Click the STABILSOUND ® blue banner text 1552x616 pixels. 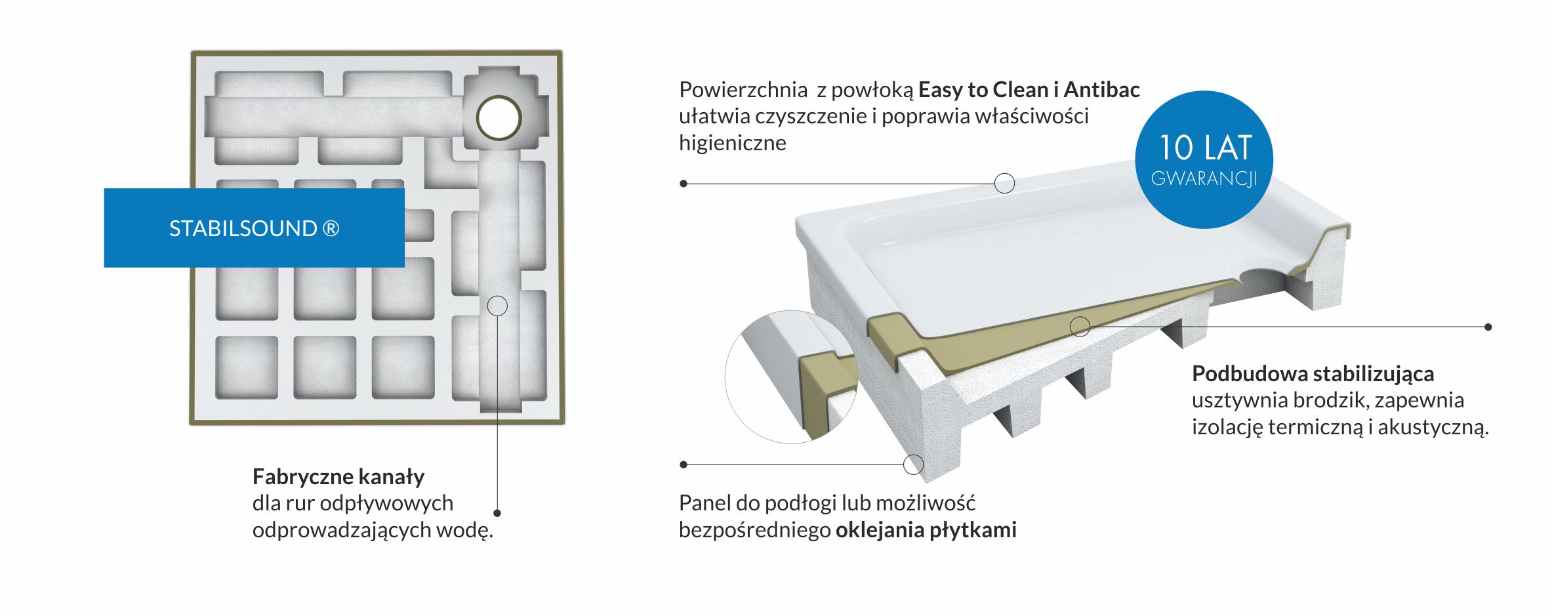[255, 228]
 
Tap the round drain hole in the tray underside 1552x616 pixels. [499, 118]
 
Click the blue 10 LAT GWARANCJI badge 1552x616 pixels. [1204, 159]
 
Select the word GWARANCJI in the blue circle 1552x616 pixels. [1204, 178]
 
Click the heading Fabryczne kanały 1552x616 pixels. [338, 477]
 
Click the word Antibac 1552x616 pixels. [1102, 89]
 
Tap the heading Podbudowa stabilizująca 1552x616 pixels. [1313, 374]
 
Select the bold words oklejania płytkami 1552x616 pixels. [926, 529]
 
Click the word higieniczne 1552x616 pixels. [733, 143]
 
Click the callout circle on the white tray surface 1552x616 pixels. [1005, 183]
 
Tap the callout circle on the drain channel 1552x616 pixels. [497, 306]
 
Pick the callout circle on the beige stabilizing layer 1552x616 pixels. [1080, 326]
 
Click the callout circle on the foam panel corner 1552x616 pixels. [914, 464]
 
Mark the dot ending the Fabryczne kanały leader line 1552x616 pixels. [497, 513]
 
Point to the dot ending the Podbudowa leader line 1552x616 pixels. [1488, 327]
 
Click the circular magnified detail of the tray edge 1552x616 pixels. [791, 377]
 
